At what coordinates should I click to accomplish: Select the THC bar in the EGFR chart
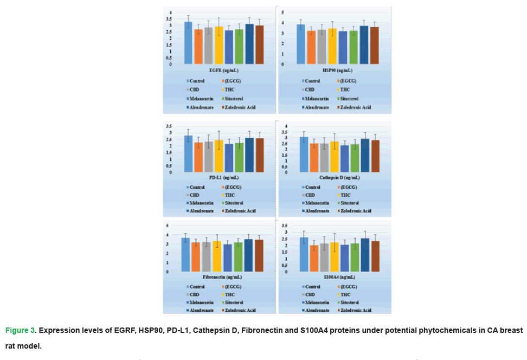tap(218, 46)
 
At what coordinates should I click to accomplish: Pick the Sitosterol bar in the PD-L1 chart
tap(239, 158)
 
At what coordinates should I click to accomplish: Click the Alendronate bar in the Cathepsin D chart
tap(365, 156)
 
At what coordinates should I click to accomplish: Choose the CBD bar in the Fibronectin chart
tap(206, 257)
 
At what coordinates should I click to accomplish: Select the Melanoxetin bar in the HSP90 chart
tap(343, 48)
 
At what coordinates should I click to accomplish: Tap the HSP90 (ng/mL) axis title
tap(337, 70)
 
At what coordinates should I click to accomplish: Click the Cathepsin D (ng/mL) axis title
tap(337, 177)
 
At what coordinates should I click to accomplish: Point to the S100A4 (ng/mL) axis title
tap(337, 277)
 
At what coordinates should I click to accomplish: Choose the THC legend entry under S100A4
tap(345, 294)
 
